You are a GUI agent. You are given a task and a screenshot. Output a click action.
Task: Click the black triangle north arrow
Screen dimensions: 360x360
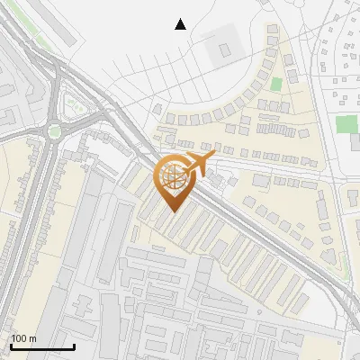pyautogui.click(x=181, y=24)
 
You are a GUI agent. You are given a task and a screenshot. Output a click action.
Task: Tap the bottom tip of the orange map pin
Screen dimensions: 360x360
pyautogui.click(x=173, y=211)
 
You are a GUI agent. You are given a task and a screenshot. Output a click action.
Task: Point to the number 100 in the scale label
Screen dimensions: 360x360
pyautogui.click(x=20, y=338)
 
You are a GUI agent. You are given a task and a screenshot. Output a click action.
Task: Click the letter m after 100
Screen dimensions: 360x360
pyautogui.click(x=32, y=338)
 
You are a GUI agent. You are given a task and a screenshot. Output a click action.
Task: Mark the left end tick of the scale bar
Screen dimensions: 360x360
pyautogui.click(x=10, y=346)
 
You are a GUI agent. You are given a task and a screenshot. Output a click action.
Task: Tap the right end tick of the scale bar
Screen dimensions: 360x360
pyautogui.click(x=74, y=346)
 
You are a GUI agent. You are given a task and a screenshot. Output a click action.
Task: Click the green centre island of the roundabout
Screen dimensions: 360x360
pyautogui.click(x=55, y=131)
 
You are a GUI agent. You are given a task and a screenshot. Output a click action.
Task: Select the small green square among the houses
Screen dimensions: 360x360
pyautogui.click(x=276, y=85)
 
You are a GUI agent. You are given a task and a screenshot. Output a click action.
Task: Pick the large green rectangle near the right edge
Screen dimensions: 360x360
pyautogui.click(x=346, y=124)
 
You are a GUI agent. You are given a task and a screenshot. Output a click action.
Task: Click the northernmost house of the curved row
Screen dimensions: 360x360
pyautogui.click(x=272, y=31)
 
